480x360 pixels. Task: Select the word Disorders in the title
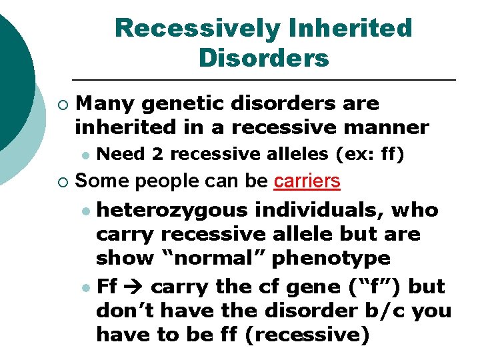(263, 58)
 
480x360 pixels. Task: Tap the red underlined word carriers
(307, 181)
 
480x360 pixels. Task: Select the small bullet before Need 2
(84, 155)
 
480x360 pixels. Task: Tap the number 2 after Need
(157, 154)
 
